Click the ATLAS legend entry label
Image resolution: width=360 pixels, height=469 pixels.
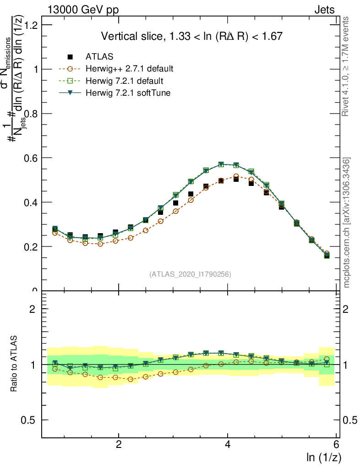click(x=99, y=57)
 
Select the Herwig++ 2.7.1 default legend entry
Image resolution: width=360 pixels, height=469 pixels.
click(x=129, y=69)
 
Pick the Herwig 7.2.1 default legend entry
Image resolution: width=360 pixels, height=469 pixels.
click(x=124, y=81)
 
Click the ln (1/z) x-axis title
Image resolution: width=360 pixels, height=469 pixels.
click(x=324, y=457)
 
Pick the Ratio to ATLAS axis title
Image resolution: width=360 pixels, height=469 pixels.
click(x=15, y=365)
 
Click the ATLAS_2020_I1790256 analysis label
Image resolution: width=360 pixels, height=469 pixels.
click(x=190, y=274)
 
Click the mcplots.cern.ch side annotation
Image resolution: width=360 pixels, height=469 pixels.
click(x=347, y=222)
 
